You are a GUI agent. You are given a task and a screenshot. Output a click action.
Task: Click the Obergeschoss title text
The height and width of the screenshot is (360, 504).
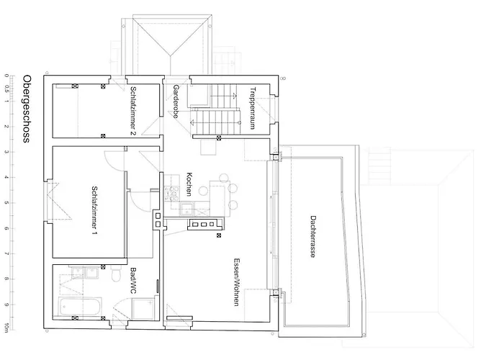click(x=27, y=109)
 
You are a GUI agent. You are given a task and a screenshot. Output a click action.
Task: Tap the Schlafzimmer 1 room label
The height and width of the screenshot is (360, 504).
click(x=94, y=210)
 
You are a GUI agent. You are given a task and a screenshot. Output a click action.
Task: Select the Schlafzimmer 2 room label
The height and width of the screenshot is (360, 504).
click(x=133, y=111)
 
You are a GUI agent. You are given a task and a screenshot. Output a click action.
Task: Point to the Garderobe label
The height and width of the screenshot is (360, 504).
click(x=176, y=102)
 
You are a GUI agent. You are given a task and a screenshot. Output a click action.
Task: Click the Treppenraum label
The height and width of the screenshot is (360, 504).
click(x=253, y=108)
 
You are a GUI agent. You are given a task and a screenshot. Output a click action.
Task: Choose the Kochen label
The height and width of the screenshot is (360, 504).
click(x=189, y=184)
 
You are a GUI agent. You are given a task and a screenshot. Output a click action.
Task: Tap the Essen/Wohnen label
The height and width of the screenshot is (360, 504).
click(x=236, y=282)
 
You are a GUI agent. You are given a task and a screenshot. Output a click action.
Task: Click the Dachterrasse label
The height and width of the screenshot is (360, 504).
click(x=312, y=236)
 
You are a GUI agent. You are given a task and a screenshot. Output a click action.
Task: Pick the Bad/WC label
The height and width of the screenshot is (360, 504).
click(x=133, y=280)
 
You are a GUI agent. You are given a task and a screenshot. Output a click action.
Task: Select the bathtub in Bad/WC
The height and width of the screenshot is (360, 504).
click(x=80, y=306)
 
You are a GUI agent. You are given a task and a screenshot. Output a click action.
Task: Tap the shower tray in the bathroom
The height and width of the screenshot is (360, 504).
click(x=144, y=309)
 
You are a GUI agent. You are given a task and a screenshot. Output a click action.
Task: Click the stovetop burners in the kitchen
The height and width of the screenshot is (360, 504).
click(x=171, y=193)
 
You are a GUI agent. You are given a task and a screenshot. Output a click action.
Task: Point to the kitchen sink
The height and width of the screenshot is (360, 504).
click(x=186, y=208)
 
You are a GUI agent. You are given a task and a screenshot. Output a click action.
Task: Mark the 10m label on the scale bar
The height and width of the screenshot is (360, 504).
click(x=6, y=328)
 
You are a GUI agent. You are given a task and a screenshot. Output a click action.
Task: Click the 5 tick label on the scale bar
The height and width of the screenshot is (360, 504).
click(x=6, y=203)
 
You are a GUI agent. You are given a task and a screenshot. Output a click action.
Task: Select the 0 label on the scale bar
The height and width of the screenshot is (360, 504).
click(x=6, y=76)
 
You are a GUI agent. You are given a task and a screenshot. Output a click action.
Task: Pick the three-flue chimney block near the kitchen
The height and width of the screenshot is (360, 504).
click(x=204, y=224)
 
